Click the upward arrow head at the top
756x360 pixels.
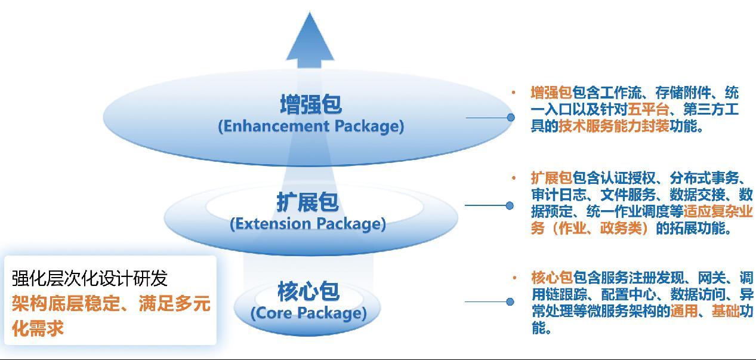click(310, 37)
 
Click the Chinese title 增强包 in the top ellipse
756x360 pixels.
click(311, 104)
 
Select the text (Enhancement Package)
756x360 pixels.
click(311, 127)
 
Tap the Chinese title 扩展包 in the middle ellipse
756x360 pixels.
click(307, 202)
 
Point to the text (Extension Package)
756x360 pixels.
click(308, 224)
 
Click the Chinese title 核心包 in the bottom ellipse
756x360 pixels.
click(308, 291)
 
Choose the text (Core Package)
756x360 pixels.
click(308, 313)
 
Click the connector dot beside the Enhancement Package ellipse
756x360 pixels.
click(511, 118)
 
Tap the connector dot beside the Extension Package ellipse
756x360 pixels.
click(510, 205)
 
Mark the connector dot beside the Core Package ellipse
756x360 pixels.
click(510, 301)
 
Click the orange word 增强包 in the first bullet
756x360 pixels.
click(551, 93)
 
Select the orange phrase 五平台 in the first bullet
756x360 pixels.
click(649, 109)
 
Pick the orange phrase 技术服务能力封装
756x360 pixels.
click(614, 126)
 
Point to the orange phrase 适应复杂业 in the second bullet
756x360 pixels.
click(718, 211)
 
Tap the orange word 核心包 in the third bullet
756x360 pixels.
click(552, 278)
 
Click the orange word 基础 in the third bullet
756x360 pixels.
click(726, 311)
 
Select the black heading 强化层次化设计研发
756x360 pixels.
click(90, 279)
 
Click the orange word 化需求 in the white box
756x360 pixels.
click(38, 328)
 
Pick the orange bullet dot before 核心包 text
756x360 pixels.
click(514, 278)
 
